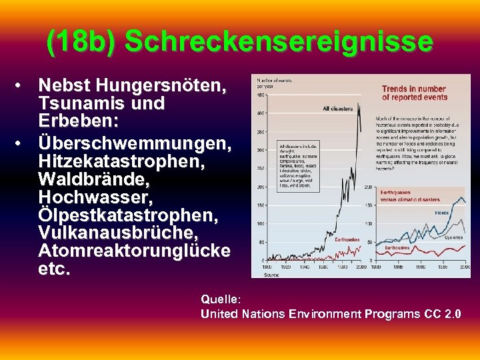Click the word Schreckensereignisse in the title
[x=279, y=42]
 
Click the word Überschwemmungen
[x=135, y=143]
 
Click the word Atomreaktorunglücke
[x=135, y=251]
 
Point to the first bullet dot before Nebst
[x=22, y=86]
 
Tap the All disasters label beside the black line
[x=338, y=109]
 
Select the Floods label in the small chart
[x=441, y=213]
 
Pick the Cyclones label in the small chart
[x=454, y=237]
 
